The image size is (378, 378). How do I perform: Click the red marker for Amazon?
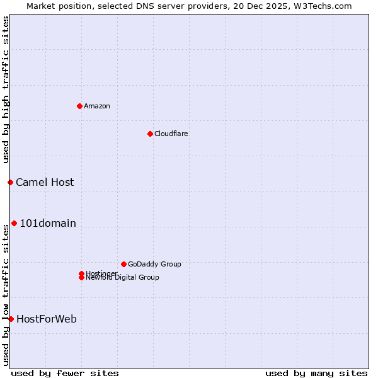coord(79,106)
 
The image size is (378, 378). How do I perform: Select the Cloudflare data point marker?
coord(150,134)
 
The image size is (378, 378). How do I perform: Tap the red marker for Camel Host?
coord(10,182)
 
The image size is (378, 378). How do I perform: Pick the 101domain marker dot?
coord(14,223)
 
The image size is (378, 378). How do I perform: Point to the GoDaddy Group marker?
coord(123,264)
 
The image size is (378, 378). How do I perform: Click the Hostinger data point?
coord(81,273)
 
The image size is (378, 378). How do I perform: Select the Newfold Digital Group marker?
coord(81,278)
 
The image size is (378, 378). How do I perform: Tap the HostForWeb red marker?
coord(11,319)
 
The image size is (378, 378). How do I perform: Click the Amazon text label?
coord(97,106)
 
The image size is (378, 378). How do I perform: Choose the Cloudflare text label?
coord(171,134)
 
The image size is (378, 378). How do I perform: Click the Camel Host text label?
coord(45,182)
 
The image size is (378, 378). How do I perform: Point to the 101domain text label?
coord(48,223)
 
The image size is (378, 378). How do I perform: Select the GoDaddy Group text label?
coord(154,264)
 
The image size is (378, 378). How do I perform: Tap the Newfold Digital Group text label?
coord(122,278)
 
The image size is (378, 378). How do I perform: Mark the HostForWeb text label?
coord(47,319)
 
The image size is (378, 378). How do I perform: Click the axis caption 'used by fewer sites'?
coord(65,373)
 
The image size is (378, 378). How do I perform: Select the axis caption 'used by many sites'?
coord(316,373)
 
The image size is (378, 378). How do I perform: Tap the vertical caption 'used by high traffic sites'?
coord(6,89)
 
